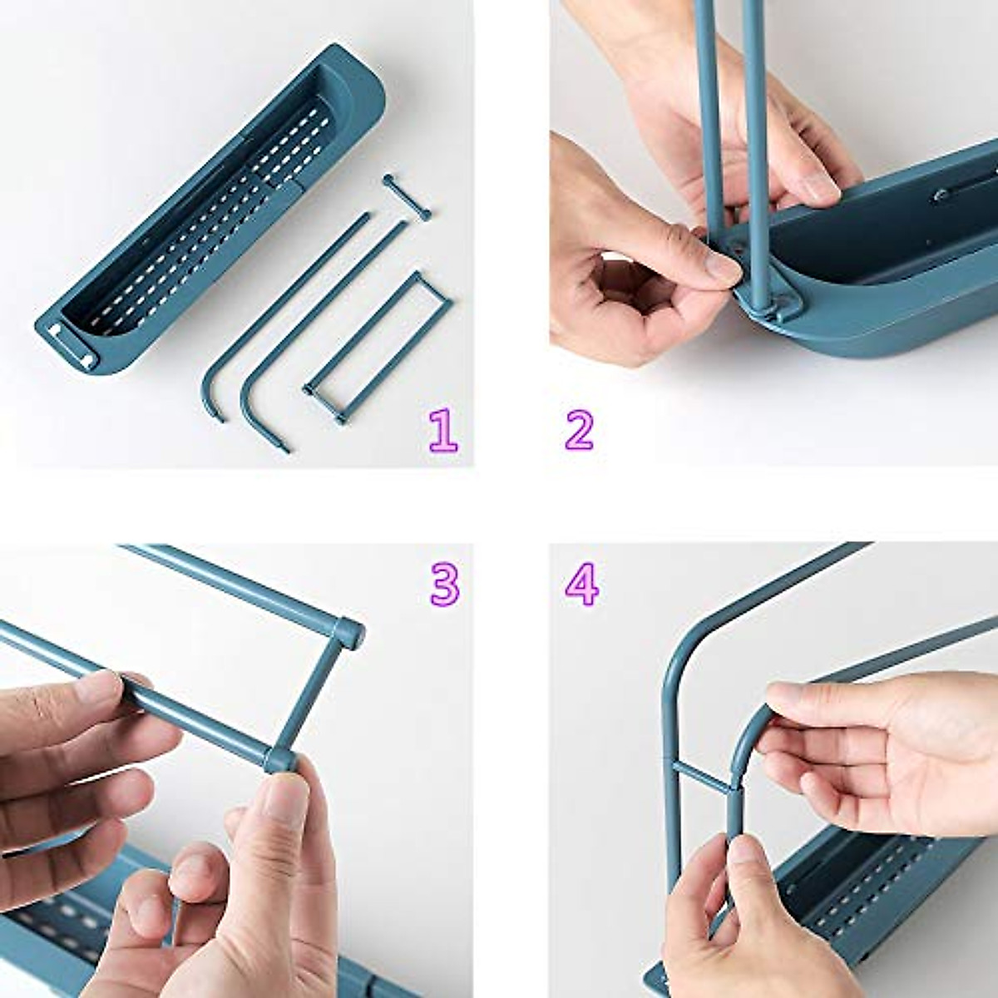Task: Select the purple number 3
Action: pos(444,584)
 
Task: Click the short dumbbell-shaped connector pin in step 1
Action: pos(407,197)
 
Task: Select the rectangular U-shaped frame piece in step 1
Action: pos(378,345)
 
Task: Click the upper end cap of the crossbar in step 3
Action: pos(350,630)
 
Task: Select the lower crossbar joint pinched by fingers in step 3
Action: pos(277,758)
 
